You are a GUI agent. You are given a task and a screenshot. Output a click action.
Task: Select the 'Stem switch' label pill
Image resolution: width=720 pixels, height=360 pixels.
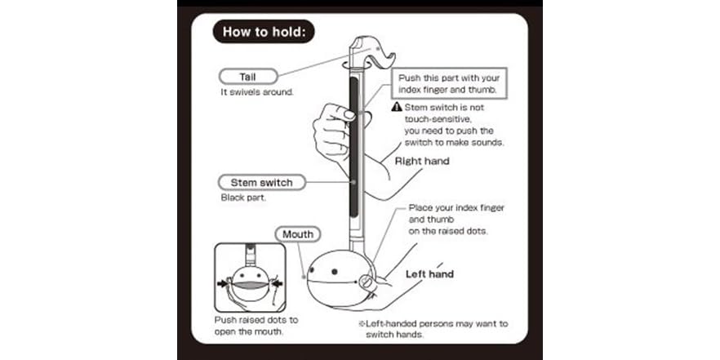coord(261,182)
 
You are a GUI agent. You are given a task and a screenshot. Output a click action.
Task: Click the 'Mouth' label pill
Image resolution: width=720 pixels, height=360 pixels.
coord(297,235)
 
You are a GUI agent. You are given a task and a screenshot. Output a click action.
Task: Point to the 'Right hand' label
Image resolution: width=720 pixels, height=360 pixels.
coord(422,162)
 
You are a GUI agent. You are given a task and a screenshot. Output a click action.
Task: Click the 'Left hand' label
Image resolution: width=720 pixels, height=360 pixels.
coord(429,274)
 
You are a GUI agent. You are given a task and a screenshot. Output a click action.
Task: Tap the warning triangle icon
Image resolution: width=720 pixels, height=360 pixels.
coord(397,107)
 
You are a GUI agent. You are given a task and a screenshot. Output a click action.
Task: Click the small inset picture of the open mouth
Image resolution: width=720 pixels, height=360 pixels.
coord(250,278)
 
